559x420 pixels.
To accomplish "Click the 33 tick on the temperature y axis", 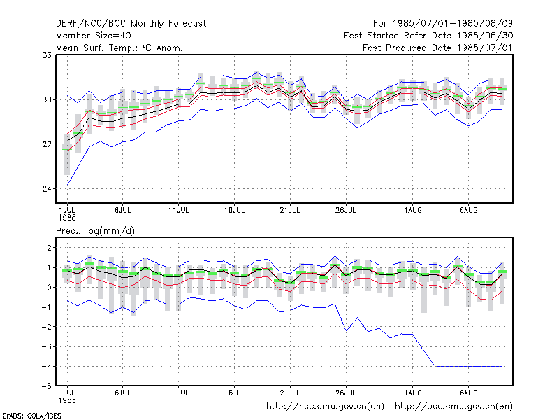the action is coord(47,55).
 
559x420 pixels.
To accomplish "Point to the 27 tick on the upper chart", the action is coord(47,144).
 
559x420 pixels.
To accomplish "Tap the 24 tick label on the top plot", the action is coord(47,188).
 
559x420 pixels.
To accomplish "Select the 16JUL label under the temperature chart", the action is coord(234,210).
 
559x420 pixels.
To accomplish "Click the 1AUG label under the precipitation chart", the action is coord(412,393).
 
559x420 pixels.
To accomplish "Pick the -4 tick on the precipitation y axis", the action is coord(46,366).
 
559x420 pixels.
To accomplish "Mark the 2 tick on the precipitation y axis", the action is coord(49,248).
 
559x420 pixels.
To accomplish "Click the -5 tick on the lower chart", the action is coord(46,386).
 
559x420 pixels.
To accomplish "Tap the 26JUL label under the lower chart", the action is coord(346,393).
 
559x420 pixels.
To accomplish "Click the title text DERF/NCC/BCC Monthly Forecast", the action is coord(131,24).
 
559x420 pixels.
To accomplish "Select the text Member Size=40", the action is coord(94,36).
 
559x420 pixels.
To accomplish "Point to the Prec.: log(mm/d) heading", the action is coord(95,231).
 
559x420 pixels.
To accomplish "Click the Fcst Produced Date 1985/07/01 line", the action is coord(437,48).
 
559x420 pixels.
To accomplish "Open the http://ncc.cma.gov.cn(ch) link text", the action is coord(325,407).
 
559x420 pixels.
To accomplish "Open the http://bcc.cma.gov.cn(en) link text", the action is coord(453,407).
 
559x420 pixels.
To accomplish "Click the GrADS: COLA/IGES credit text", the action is coord(31,416).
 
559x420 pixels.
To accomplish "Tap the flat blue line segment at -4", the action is coord(468,366).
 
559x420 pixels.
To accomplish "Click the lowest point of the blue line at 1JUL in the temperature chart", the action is coord(67,185).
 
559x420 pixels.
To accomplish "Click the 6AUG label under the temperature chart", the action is coord(468,210).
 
